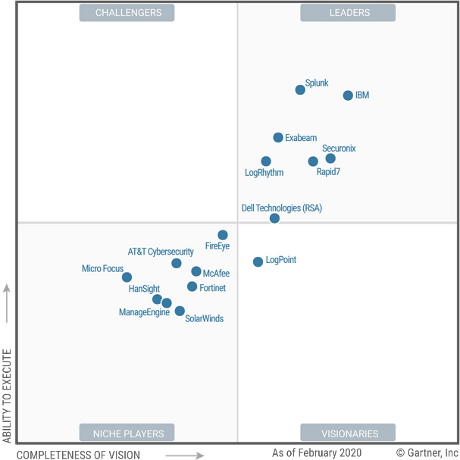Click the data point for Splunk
coord(300,89)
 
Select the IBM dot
coord(348,95)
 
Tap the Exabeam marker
coord(278,137)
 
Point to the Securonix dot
coord(330,158)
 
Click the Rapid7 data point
coord(313,161)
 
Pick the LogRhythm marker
coord(266,161)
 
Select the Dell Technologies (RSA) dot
coord(274,218)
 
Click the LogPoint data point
coord(258,261)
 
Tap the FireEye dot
coord(223,235)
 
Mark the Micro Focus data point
coord(127,277)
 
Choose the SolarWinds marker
coord(180,311)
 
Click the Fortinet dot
coord(192,286)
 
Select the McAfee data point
coord(196,271)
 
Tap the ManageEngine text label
coord(144,312)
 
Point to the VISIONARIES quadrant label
coord(349,433)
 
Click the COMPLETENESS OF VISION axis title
coord(78,455)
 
